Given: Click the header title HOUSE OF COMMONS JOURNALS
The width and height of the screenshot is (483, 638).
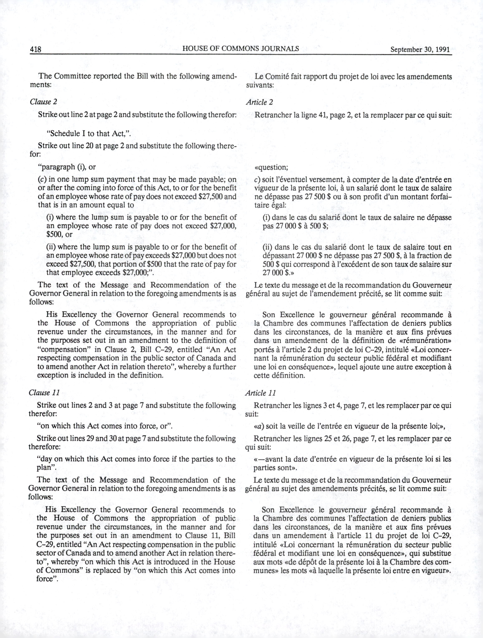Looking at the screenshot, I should [x=241, y=48].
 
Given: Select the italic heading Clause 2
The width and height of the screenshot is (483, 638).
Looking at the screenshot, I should [x=41, y=102].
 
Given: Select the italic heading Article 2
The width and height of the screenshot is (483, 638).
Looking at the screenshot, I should [x=259, y=102].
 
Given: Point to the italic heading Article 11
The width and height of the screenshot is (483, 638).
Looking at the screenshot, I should [x=260, y=393].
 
